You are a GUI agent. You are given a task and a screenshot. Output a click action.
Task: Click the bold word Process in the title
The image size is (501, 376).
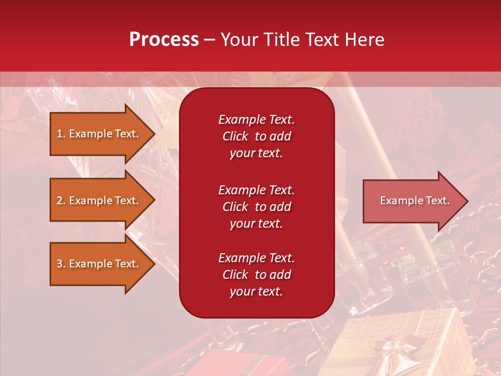pyautogui.click(x=164, y=40)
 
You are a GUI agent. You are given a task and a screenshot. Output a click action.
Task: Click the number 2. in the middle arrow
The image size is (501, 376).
pyautogui.click(x=61, y=201)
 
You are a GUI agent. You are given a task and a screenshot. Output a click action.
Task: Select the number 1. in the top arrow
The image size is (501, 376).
pyautogui.click(x=61, y=134)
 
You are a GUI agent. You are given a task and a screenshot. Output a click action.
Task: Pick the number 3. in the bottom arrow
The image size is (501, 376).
pyautogui.click(x=61, y=264)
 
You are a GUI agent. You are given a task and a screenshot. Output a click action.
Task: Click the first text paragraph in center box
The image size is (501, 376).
pyautogui.click(x=256, y=136)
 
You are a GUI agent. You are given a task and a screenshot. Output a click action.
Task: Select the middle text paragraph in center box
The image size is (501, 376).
pyautogui.click(x=256, y=207)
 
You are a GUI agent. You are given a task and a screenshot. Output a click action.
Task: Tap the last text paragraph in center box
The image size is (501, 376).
pyautogui.click(x=256, y=275)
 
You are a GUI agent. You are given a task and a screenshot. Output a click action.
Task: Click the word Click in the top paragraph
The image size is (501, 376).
pyautogui.click(x=235, y=136)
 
